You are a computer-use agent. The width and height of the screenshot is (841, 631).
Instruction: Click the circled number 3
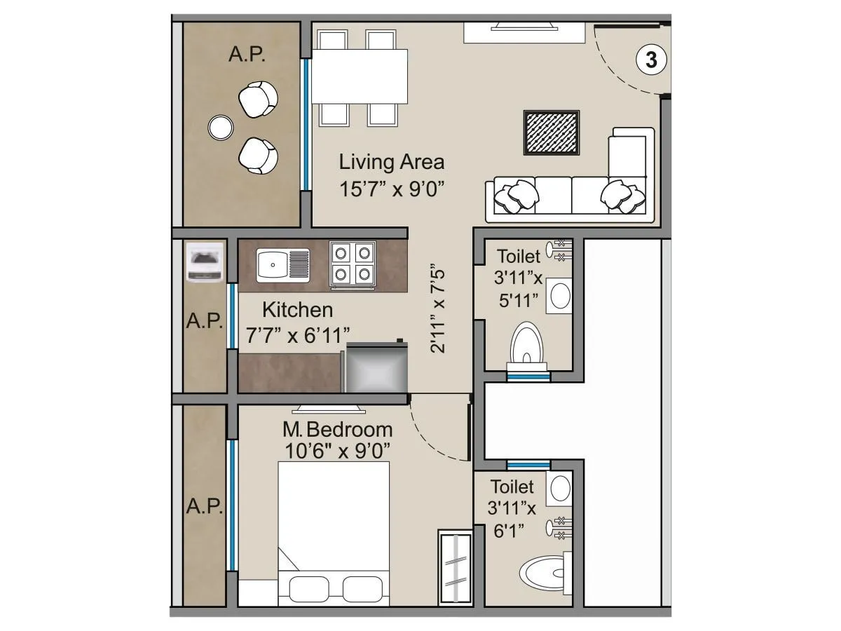tap(651, 60)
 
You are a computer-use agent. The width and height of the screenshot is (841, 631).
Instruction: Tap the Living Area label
tap(392, 163)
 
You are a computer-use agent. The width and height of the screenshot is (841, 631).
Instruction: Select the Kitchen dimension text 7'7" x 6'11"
tap(297, 335)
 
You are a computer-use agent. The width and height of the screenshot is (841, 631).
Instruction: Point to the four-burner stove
tap(353, 263)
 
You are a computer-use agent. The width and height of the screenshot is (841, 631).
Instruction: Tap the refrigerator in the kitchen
tap(377, 367)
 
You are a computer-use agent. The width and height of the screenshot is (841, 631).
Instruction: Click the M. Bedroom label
tap(337, 429)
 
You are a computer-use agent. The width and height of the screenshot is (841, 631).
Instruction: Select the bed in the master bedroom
tap(334, 533)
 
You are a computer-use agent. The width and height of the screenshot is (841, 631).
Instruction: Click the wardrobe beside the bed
tap(455, 567)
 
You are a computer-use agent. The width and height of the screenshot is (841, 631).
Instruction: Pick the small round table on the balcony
tap(221, 127)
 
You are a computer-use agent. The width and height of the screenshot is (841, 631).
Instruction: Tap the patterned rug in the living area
tap(552, 133)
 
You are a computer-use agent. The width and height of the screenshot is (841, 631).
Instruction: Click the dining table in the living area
tap(360, 76)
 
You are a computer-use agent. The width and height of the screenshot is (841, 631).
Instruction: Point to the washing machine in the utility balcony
tap(205, 262)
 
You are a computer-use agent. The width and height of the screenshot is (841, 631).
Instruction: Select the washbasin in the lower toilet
tap(559, 489)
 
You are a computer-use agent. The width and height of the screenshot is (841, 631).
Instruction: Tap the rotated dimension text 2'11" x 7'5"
tap(439, 308)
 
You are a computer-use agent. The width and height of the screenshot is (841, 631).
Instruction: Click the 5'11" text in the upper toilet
tap(519, 300)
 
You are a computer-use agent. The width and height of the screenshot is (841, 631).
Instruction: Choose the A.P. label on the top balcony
tap(247, 55)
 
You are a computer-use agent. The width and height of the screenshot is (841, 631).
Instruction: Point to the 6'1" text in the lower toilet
tap(509, 532)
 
